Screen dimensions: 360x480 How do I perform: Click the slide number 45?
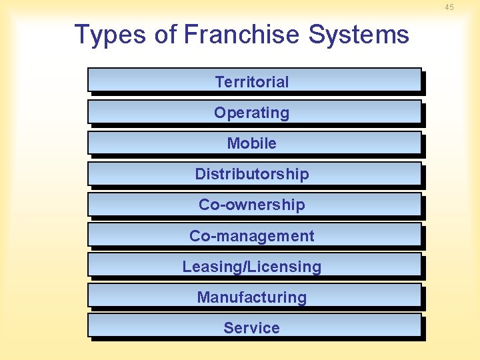coord(449,7)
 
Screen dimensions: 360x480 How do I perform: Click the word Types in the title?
coord(110,34)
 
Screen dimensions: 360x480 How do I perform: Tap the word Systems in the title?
coord(359,34)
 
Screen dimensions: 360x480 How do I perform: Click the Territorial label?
coord(252,82)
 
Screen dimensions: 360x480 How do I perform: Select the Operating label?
coord(252,113)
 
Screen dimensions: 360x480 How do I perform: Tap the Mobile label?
coord(252,143)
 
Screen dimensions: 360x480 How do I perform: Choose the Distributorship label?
coord(252,174)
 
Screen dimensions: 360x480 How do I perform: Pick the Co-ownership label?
coord(252,205)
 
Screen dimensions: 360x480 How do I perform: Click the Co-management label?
coord(252,235)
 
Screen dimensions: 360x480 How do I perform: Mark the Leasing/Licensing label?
coord(252,267)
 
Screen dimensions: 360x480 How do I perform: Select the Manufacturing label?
coord(252,297)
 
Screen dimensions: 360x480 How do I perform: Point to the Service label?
coord(252,328)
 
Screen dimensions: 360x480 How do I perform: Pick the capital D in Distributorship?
coord(200,174)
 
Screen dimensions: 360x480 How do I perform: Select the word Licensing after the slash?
coord(285,267)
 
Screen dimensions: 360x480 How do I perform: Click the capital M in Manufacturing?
coord(203,297)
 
